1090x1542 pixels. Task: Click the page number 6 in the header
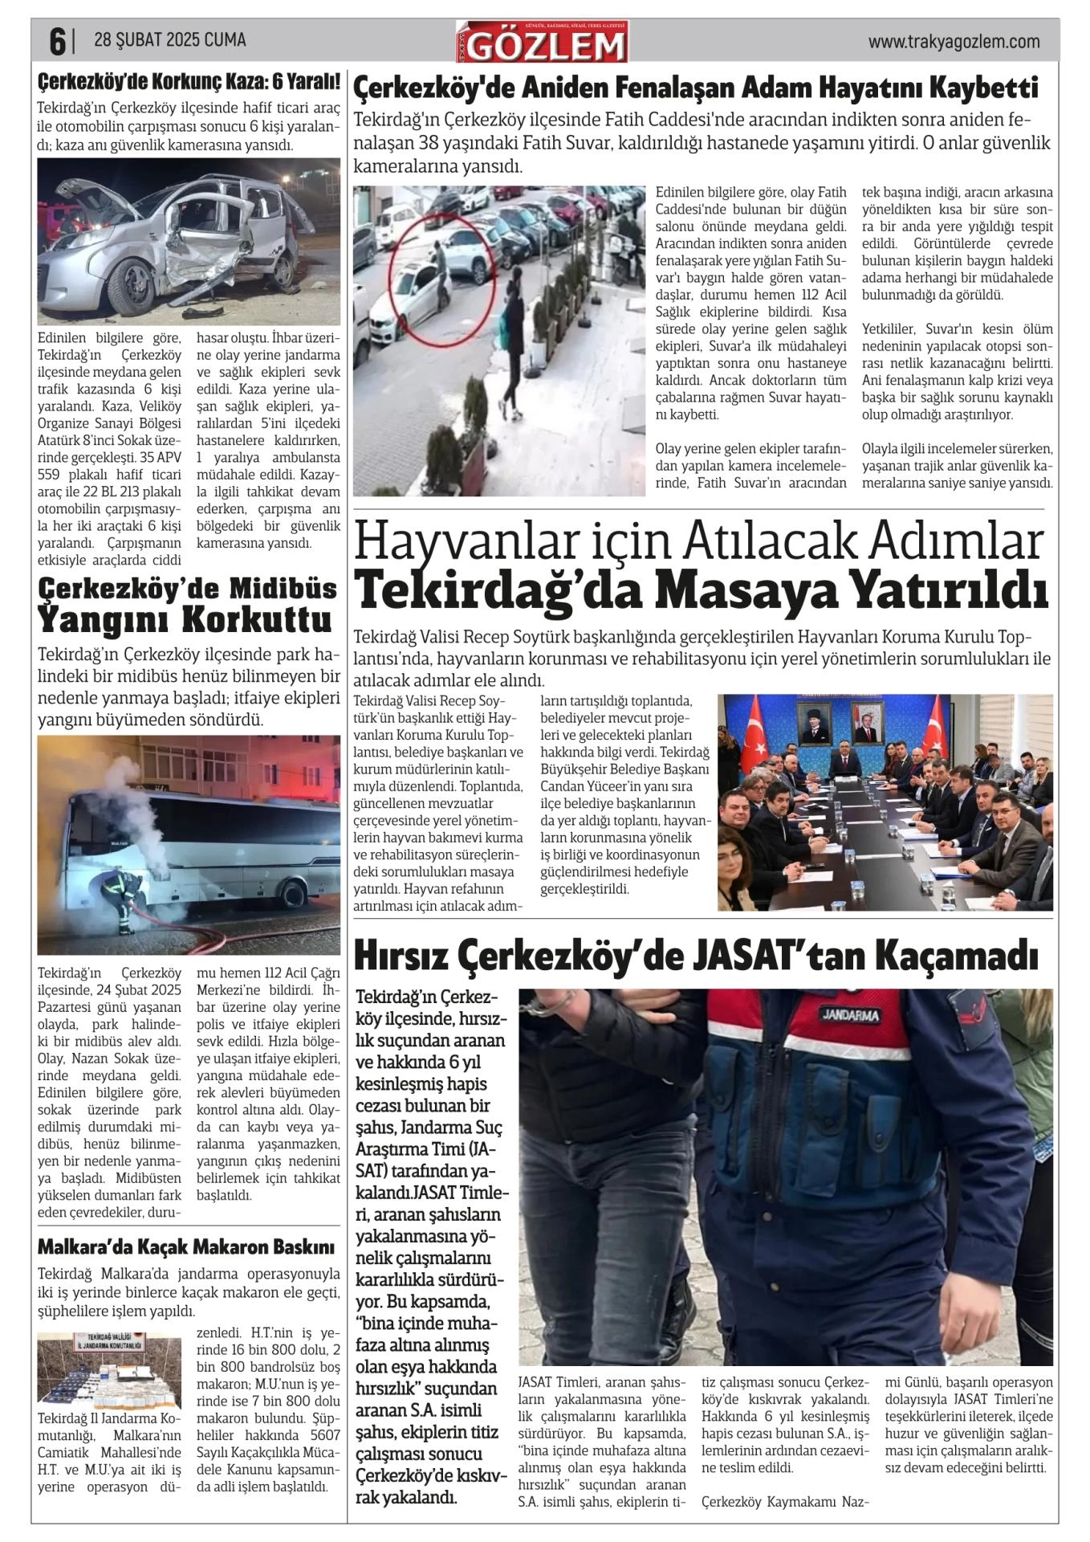point(56,42)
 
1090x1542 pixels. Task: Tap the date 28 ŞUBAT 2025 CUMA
point(169,40)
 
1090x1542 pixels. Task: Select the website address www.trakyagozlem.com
point(954,42)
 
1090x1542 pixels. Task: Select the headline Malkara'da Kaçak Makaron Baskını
point(185,1247)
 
